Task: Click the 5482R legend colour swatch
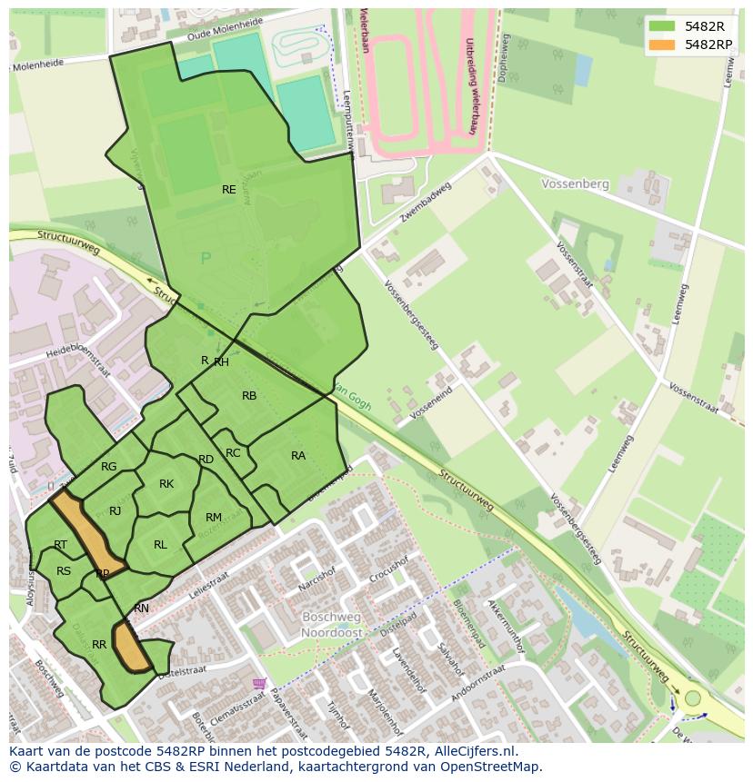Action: (661, 26)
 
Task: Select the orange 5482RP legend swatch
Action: (661, 45)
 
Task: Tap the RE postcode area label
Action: (229, 190)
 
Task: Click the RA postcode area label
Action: (298, 456)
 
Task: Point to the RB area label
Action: (249, 396)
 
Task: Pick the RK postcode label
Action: (166, 484)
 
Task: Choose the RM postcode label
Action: (214, 518)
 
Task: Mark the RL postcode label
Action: (160, 545)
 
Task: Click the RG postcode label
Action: (109, 467)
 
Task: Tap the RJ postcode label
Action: (115, 511)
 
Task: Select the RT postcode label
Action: (61, 545)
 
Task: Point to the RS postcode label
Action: (64, 571)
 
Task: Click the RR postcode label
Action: (99, 645)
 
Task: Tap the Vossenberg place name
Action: (575, 183)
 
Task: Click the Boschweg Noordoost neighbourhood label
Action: (332, 624)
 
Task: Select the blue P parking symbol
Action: (206, 259)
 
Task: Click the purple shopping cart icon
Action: (261, 682)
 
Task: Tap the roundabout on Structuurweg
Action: (693, 698)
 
